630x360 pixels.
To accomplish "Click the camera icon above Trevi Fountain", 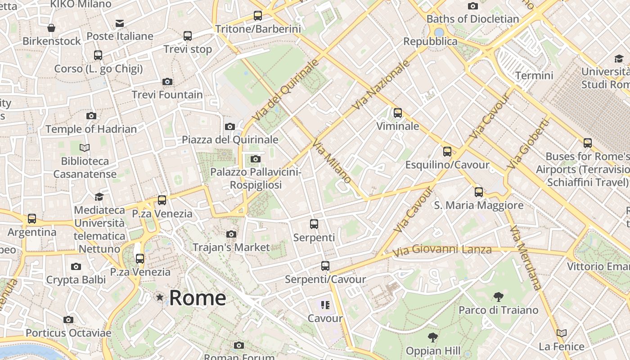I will pyautogui.click(x=167, y=81).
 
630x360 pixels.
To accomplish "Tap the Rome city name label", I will pyautogui.click(x=198, y=298).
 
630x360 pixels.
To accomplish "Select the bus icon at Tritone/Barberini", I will pyautogui.click(x=258, y=16).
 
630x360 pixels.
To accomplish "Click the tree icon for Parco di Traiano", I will pyautogui.click(x=498, y=297).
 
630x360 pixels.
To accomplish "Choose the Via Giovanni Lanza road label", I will pyautogui.click(x=442, y=250).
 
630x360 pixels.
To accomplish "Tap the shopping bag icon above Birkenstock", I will pyautogui.click(x=52, y=28).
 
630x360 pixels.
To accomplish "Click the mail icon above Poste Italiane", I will pyautogui.click(x=120, y=23).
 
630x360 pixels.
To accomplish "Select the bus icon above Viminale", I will pyautogui.click(x=398, y=113).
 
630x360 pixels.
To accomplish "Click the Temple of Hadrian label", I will pyautogui.click(x=91, y=129).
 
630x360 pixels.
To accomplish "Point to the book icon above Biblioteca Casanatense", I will pyautogui.click(x=85, y=148).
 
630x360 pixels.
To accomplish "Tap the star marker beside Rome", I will pyautogui.click(x=160, y=297).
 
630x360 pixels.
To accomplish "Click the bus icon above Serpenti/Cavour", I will pyautogui.click(x=325, y=266).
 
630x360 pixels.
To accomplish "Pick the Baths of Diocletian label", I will pyautogui.click(x=472, y=19).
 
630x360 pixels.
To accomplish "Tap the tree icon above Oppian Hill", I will pyautogui.click(x=433, y=337).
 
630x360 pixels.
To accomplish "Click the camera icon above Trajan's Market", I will pyautogui.click(x=231, y=234).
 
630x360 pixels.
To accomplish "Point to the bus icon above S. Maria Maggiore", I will pyautogui.click(x=479, y=192).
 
